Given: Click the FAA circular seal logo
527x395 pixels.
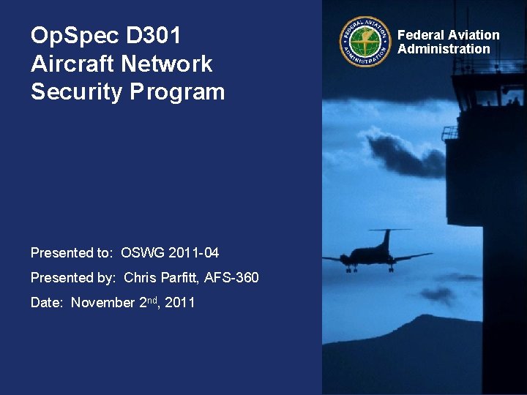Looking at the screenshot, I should [365, 42].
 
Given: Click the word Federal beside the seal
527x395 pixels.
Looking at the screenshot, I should [421, 35].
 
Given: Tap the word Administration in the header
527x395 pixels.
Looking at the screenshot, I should [444, 49].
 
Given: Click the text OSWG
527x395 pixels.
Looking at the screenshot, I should [143, 253].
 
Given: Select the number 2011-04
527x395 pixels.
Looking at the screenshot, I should [194, 253].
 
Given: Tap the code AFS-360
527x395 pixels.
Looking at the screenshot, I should [231, 278].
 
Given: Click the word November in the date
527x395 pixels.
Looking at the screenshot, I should [102, 303].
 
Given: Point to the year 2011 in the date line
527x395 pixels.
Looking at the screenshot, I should [180, 303].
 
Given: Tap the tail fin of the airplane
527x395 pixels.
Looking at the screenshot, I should [385, 238].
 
